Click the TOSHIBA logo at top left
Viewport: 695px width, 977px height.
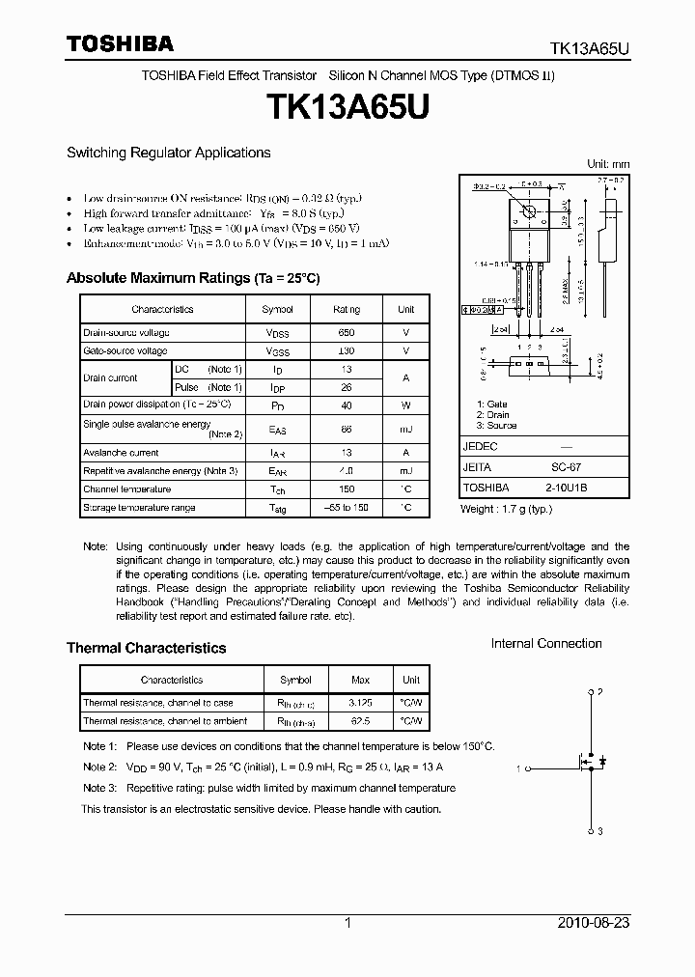tap(120, 43)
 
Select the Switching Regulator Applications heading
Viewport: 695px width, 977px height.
tap(168, 153)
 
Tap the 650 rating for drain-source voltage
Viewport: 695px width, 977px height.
tap(346, 332)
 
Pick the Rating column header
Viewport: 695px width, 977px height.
tap(346, 309)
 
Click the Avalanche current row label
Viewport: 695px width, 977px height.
tap(121, 452)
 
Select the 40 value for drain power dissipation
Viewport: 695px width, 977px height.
tap(346, 405)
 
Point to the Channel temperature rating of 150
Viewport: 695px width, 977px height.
tap(346, 489)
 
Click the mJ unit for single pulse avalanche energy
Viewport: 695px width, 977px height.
tap(405, 429)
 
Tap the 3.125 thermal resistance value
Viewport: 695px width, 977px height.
tap(360, 703)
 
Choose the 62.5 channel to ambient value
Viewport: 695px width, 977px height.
tap(360, 721)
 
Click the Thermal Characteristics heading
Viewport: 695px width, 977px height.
tap(146, 648)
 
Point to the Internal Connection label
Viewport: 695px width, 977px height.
tap(545, 644)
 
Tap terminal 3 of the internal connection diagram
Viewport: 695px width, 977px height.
tap(591, 830)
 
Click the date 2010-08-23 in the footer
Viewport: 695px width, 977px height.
tap(594, 923)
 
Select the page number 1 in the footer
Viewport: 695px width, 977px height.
tap(347, 923)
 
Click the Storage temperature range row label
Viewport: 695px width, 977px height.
tap(139, 508)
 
